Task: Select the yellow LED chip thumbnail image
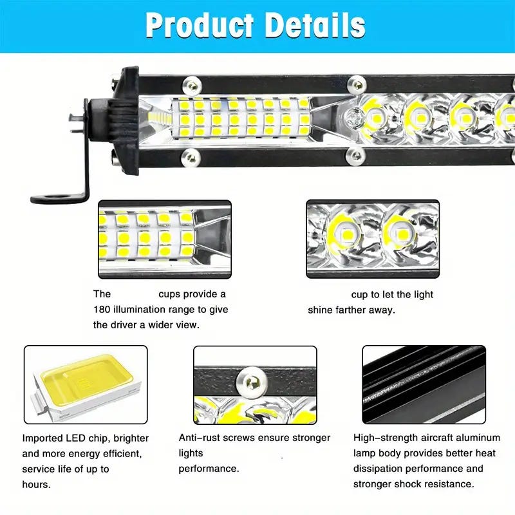click(x=86, y=384)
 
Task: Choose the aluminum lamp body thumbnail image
click(x=423, y=384)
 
